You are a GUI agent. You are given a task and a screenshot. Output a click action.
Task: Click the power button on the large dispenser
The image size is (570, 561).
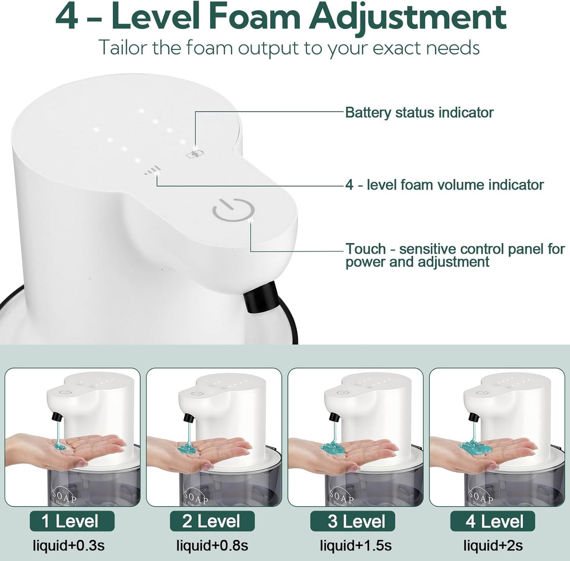233,210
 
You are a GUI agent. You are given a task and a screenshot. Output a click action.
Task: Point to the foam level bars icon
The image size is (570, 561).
152,170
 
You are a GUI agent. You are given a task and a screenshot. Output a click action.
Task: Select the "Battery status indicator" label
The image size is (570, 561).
419,113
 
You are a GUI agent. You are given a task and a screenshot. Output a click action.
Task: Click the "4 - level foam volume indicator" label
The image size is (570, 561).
445,185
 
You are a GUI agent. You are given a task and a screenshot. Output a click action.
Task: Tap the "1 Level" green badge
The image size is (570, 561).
72,521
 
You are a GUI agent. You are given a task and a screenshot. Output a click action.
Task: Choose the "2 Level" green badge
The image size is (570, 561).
212,521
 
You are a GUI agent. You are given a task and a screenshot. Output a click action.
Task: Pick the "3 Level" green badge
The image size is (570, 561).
352,521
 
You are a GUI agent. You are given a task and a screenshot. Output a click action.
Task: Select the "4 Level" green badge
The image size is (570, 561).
492,521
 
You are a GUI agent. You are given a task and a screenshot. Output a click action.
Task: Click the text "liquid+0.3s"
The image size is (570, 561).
68,546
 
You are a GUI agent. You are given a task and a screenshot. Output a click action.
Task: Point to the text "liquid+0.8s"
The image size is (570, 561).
212,546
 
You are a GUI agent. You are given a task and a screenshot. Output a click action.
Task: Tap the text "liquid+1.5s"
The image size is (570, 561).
355,546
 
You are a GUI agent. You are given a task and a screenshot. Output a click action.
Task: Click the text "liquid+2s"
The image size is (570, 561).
493,546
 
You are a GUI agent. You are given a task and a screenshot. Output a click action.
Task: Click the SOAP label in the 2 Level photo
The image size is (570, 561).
198,498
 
